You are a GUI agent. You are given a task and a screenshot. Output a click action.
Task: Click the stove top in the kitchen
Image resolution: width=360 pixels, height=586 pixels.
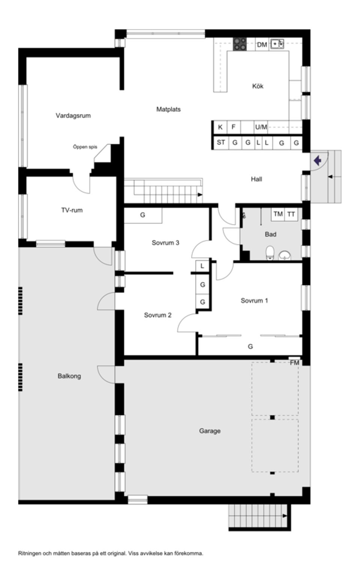coord(240,44)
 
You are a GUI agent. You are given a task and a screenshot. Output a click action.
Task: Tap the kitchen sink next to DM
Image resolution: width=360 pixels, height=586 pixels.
coord(277,44)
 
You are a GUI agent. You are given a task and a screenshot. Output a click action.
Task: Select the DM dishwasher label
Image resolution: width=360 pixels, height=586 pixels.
coord(262,45)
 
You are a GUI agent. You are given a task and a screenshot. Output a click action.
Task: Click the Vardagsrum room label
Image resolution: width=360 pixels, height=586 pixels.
coord(73,115)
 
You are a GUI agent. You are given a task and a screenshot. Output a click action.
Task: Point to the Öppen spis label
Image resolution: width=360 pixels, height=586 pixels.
coord(85,147)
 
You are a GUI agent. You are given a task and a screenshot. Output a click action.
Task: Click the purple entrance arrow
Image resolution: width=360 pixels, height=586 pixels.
coord(318,161)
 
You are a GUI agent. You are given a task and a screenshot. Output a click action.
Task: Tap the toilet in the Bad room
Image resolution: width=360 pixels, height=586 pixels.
coord(270,253)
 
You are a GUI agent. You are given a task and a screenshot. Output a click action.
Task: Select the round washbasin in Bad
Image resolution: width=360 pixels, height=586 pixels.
coord(285,255)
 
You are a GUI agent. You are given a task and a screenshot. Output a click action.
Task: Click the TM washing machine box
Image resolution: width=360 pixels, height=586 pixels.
coord(278,214)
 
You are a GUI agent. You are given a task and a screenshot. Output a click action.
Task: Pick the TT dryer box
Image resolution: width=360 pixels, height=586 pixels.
coord(291,214)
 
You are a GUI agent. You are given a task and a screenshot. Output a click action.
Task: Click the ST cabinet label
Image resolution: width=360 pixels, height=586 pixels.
coord(221,142)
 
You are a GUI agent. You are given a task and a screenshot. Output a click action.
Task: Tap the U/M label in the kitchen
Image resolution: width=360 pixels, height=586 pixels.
coord(261,127)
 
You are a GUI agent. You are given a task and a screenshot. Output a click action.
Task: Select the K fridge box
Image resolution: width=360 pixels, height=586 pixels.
coord(220,127)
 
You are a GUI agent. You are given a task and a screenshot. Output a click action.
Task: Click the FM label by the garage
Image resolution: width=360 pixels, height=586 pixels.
coord(295,363)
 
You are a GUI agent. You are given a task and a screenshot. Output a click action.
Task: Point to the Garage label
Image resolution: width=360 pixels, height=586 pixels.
coord(210,431)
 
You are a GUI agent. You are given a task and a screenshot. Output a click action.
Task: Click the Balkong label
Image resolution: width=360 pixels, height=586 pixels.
coord(69,376)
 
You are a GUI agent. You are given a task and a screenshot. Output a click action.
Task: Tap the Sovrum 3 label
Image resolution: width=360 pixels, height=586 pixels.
coord(165,243)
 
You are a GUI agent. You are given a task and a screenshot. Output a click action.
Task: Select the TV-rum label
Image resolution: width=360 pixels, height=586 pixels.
coord(72,210)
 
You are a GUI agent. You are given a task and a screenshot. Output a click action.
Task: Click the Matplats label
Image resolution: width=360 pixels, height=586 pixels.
coord(168,109)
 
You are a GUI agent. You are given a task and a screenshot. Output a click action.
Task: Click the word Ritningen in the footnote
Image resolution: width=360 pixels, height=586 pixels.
coord(30,553)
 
